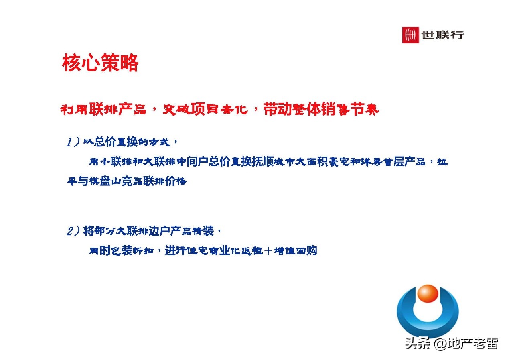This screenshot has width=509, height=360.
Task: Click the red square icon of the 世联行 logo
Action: [410, 35]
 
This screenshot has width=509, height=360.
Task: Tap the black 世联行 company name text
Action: [442, 35]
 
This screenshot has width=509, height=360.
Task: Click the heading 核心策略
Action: [100, 63]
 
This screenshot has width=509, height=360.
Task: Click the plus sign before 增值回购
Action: [268, 251]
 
